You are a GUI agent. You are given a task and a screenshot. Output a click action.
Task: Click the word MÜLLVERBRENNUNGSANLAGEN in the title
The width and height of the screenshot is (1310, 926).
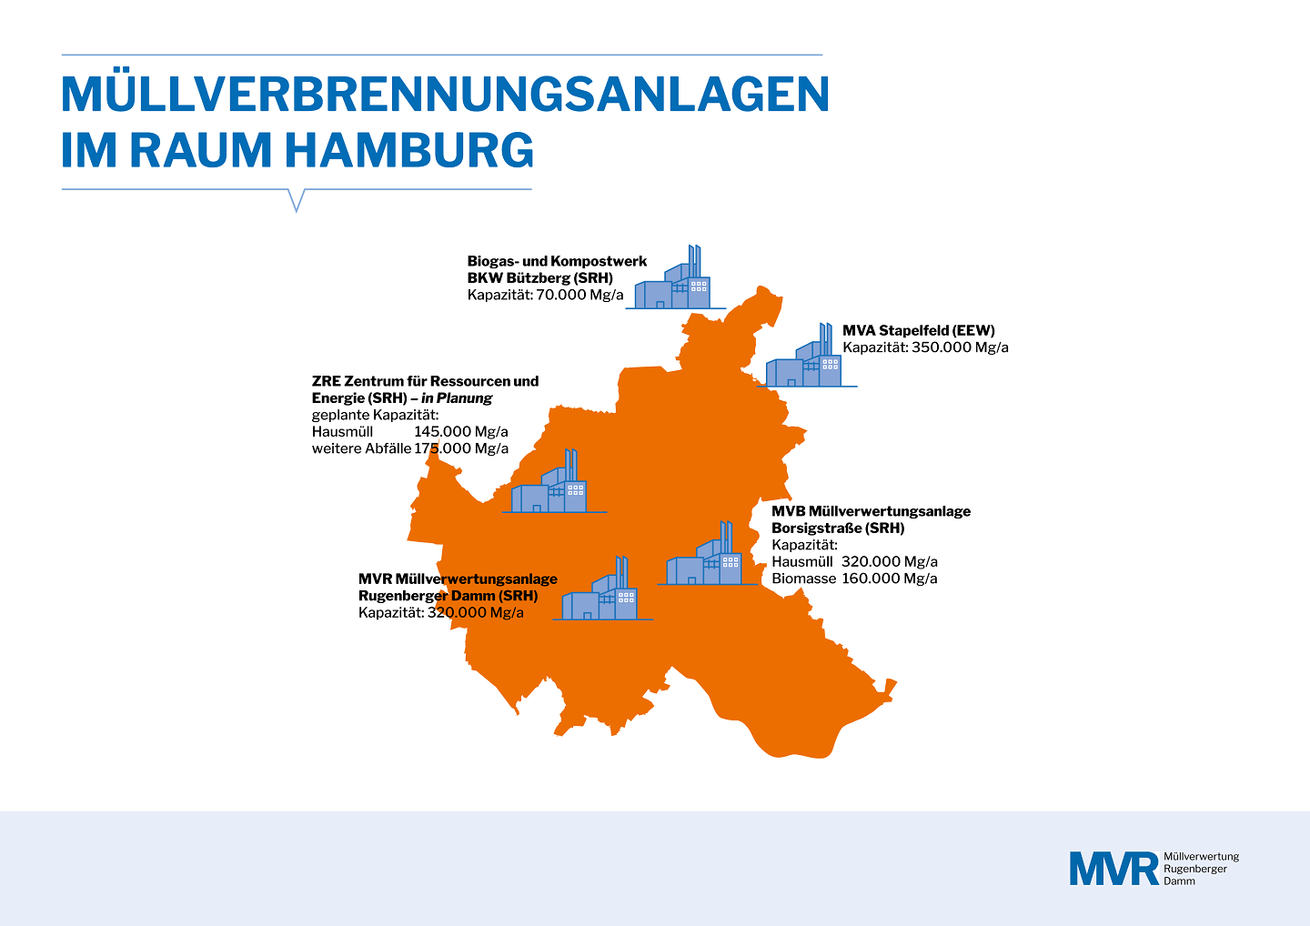pos(445,94)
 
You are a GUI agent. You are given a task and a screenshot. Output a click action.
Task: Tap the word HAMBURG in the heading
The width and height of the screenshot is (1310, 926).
pos(408,150)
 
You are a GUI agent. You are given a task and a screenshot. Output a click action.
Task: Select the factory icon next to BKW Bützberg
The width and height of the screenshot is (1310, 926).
pos(675,277)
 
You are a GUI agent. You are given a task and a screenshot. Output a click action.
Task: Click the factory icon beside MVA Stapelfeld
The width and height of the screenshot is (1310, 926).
pos(806,355)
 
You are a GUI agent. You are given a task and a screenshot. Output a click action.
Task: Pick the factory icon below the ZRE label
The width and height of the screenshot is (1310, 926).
pos(554,481)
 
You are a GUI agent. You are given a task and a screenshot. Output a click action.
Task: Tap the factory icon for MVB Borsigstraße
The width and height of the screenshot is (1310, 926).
pos(707,553)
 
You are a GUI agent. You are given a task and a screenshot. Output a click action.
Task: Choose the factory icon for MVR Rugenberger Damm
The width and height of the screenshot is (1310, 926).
pos(602,589)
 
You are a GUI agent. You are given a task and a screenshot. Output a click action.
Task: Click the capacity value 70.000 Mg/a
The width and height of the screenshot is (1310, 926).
pos(579,295)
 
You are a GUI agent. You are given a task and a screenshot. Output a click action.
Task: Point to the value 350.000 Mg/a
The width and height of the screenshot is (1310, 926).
pos(960,347)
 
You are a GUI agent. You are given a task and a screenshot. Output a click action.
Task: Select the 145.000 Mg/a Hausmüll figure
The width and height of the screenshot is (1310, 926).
pos(461,432)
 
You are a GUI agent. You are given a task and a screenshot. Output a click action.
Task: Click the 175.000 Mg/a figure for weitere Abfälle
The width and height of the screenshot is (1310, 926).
pos(461,449)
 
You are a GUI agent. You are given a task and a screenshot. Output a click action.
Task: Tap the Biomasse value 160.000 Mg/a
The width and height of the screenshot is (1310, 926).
pos(889,579)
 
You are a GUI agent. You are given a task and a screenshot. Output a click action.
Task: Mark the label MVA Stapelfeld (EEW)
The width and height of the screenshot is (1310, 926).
pos(918,330)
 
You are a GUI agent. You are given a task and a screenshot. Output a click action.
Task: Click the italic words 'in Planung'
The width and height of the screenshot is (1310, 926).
pos(457,398)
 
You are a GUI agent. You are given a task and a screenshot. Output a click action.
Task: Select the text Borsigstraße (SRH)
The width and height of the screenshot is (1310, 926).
pos(838,528)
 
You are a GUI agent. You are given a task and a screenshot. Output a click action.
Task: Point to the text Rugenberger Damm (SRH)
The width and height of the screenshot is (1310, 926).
pos(448,597)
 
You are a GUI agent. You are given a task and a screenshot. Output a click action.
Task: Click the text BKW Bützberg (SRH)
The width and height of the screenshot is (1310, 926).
pos(539,278)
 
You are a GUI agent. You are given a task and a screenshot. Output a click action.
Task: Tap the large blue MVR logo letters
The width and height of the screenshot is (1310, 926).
pos(1113,869)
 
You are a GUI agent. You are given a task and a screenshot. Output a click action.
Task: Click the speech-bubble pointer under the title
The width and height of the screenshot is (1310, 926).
pos(297,200)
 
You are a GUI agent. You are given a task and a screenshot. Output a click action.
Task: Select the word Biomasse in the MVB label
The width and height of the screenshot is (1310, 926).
pos(803,579)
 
